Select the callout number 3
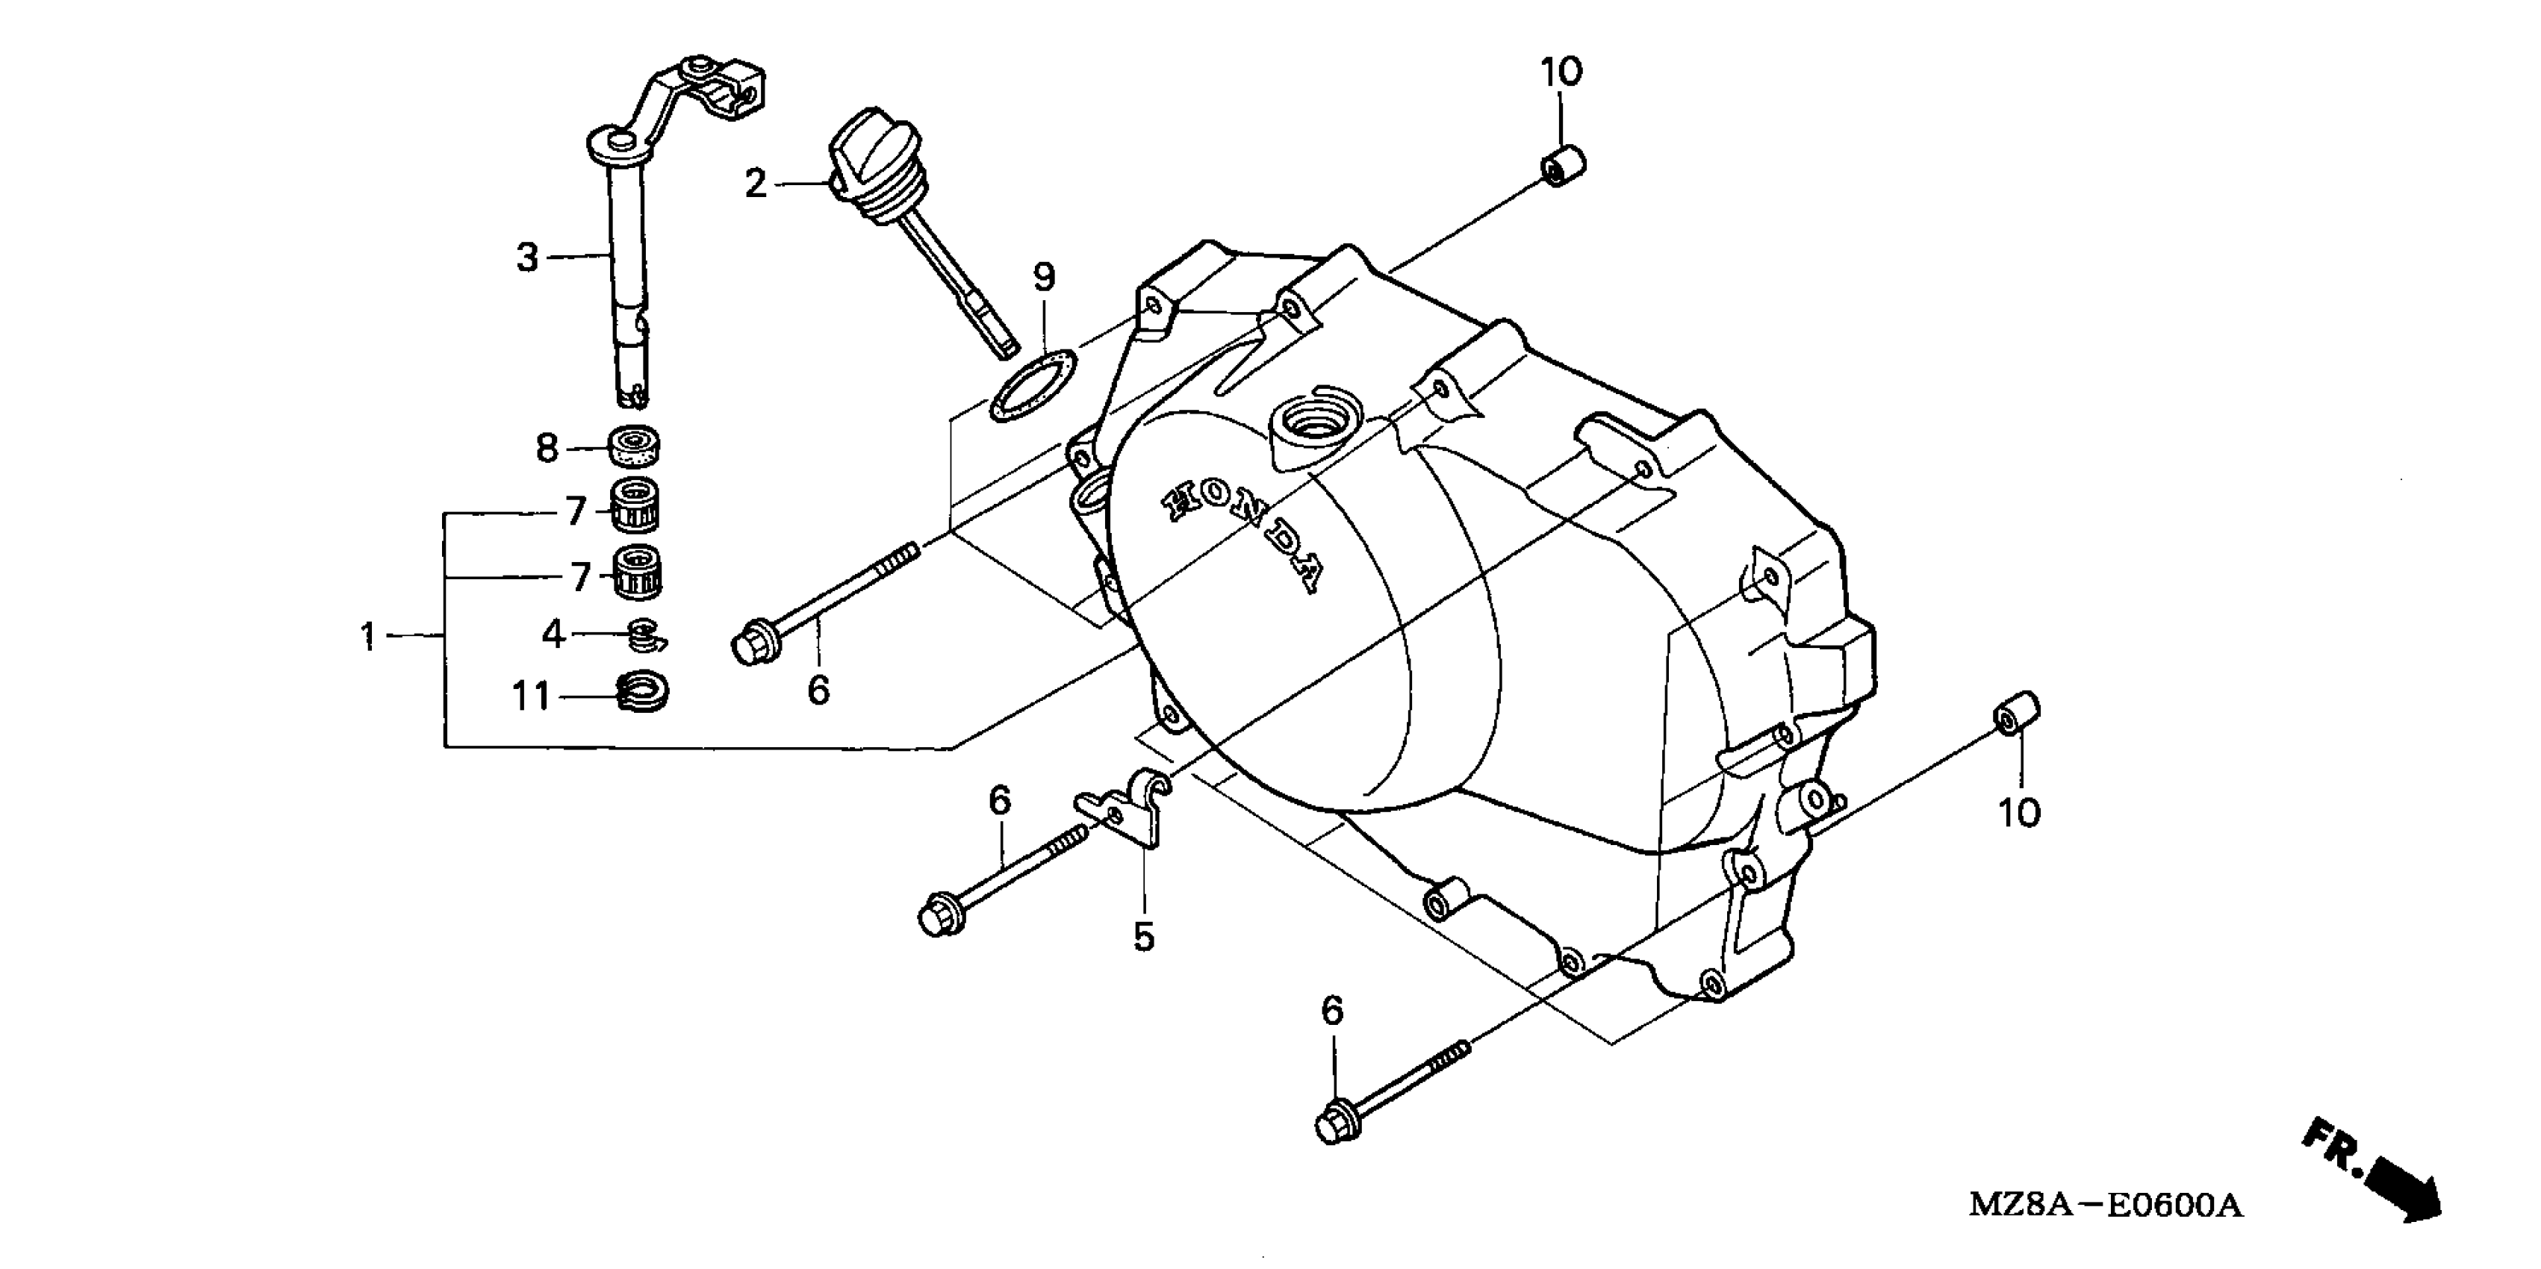click(528, 258)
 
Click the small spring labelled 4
click(645, 636)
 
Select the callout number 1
click(368, 637)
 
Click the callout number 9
click(1044, 277)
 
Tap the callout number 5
click(1143, 937)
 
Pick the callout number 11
click(531, 697)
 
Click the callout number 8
click(547, 449)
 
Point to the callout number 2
click(756, 184)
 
